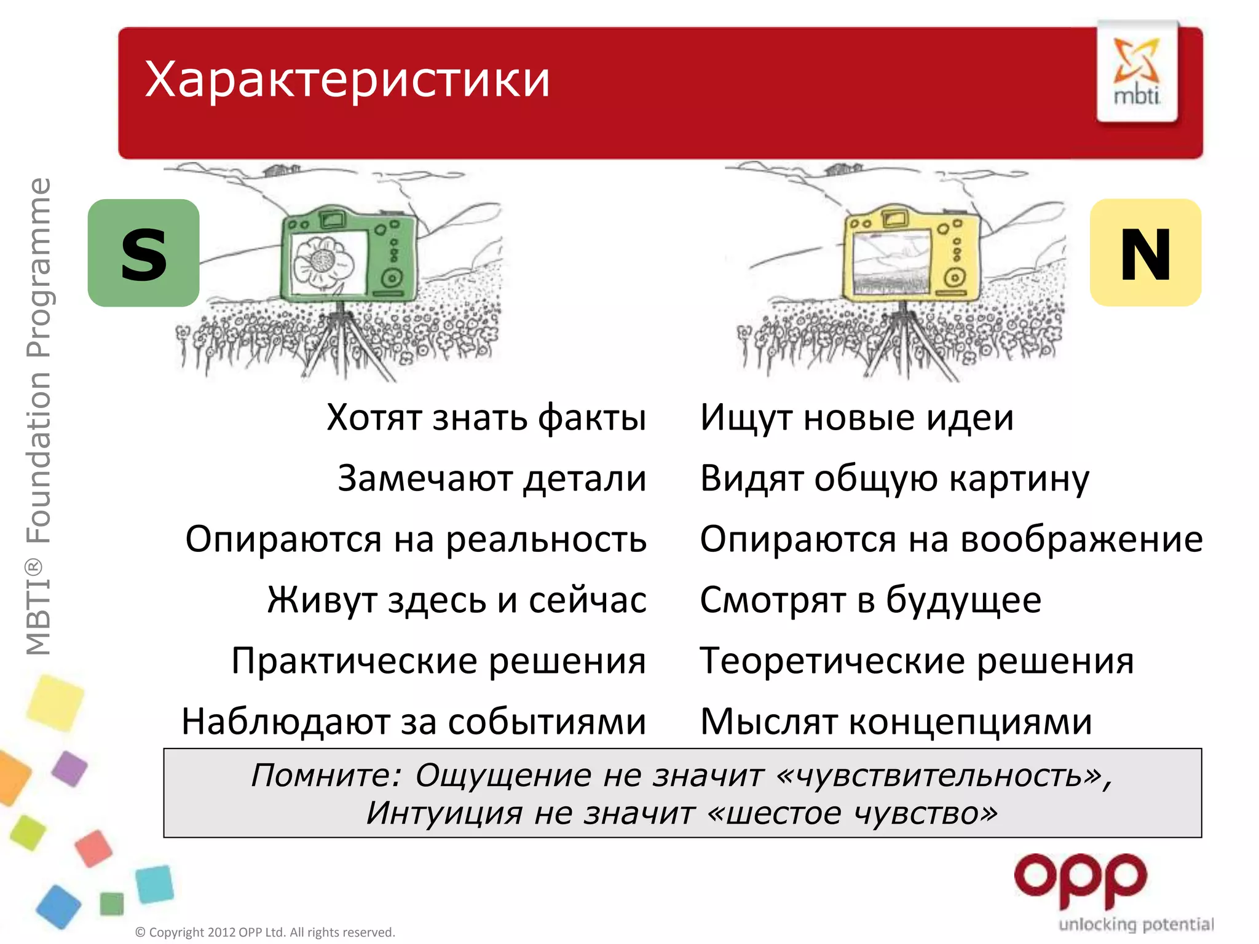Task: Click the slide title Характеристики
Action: (x=347, y=80)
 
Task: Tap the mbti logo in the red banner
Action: (x=1137, y=73)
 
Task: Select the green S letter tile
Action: (x=143, y=253)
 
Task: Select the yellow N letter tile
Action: (x=1145, y=253)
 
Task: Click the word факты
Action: (x=592, y=418)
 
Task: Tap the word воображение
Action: (x=1081, y=540)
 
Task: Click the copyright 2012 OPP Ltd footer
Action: (x=265, y=932)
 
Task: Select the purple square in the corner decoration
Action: (x=69, y=768)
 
